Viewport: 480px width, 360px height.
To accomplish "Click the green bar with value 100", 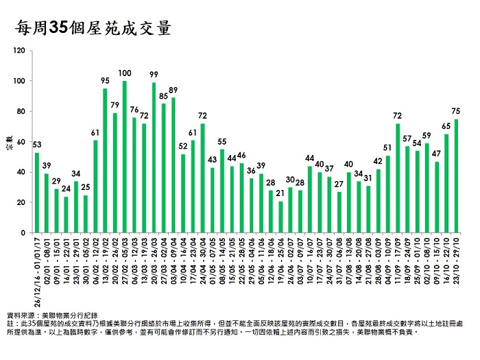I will [x=124, y=158].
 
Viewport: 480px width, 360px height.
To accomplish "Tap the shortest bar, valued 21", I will [x=280, y=217].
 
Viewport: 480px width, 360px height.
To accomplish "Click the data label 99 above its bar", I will [x=154, y=74].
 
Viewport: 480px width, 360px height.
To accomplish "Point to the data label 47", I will [x=436, y=154].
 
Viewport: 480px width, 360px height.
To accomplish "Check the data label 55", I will [x=222, y=141].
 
